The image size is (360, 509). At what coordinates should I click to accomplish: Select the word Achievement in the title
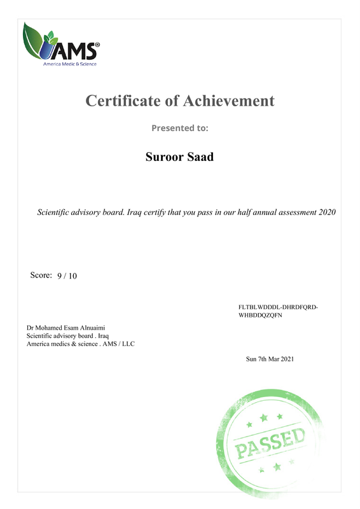(x=229, y=101)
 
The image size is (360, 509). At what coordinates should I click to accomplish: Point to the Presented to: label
(x=179, y=128)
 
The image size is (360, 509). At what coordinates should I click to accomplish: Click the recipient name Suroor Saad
(x=179, y=157)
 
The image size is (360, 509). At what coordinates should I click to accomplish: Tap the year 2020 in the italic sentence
(x=326, y=211)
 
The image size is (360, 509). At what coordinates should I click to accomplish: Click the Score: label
(x=41, y=275)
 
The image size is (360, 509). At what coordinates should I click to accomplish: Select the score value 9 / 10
(x=67, y=276)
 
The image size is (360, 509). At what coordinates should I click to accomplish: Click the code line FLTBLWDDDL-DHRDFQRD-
(x=278, y=307)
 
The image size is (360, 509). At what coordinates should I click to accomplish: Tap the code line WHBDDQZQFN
(x=264, y=316)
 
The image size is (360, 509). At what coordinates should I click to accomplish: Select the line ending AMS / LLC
(x=81, y=344)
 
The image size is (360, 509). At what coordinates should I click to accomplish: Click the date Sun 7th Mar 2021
(x=270, y=359)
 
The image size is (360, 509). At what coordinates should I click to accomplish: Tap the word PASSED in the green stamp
(x=272, y=442)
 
